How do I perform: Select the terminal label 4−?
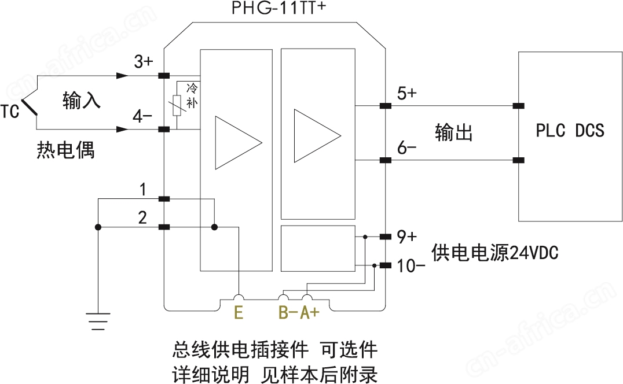[142, 117]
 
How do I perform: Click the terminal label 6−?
[406, 147]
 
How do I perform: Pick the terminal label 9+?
[406, 237]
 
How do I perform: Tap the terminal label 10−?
[412, 266]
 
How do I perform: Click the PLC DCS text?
[570, 131]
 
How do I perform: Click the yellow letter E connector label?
[238, 313]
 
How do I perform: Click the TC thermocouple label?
[10, 110]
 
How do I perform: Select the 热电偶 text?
[65, 150]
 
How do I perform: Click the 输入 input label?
[82, 101]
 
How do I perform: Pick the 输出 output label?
[454, 132]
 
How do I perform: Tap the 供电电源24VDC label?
[494, 253]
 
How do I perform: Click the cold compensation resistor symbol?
[178, 103]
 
